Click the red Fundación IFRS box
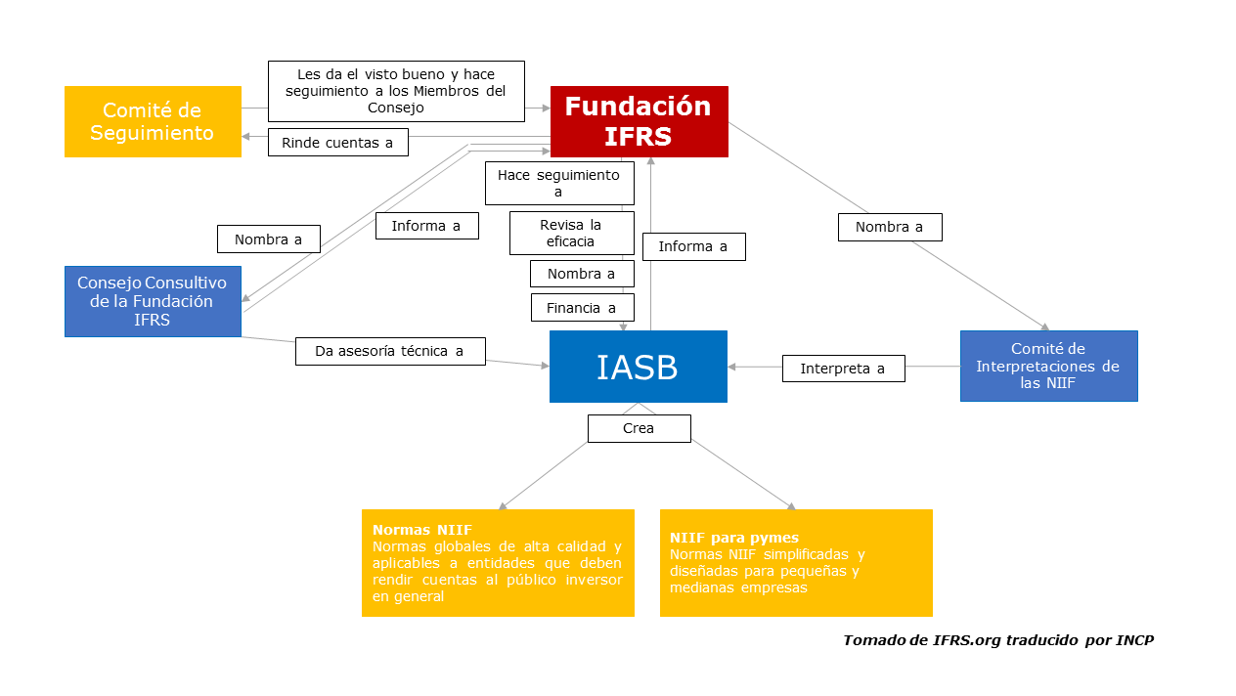point(639,121)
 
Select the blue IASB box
point(638,367)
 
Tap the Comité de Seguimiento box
point(153,121)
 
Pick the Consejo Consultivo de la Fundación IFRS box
point(153,301)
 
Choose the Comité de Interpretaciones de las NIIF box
point(1048,366)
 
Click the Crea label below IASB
point(639,428)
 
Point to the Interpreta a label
point(843,369)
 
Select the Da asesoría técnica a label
point(390,351)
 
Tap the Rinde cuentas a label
point(337,143)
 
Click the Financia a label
point(582,308)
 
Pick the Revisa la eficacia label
point(572,233)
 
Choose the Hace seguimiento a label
point(559,183)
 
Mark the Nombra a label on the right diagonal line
point(889,227)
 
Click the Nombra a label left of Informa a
point(268,239)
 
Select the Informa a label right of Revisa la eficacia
point(693,246)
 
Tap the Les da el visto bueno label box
point(396,91)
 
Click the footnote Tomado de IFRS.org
point(998,640)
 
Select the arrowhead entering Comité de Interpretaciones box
point(1045,327)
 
